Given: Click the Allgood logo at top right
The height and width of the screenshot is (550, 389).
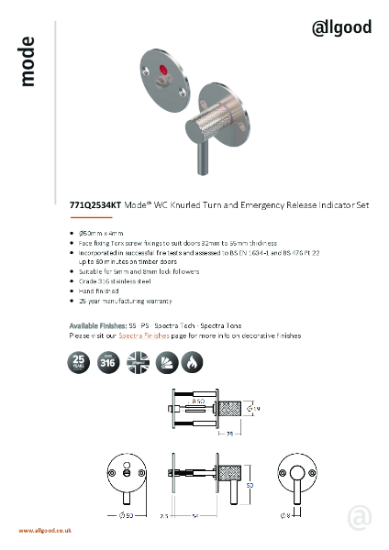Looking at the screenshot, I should coord(341,28).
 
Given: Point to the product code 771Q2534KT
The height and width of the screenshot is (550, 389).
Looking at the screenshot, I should coord(94,207).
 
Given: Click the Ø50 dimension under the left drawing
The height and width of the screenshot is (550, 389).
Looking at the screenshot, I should coord(128,517).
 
